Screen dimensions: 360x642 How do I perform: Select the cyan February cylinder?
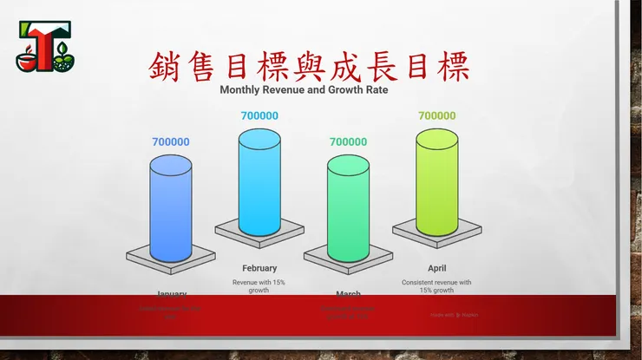[259, 182]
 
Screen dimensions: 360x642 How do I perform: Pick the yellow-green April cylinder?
[436, 182]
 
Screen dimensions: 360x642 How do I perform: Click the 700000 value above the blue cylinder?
[171, 142]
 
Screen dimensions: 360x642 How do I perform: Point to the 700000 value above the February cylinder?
[259, 115]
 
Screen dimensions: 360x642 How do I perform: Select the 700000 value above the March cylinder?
[348, 142]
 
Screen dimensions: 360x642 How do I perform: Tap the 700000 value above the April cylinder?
[436, 115]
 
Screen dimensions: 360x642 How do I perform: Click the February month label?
[259, 268]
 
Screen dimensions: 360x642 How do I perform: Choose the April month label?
[436, 268]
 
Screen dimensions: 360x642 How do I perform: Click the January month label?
[171, 293]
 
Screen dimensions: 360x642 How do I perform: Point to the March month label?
[348, 293]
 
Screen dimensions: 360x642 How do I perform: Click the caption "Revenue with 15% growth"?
[259, 286]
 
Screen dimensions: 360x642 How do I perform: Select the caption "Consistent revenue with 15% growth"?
[436, 286]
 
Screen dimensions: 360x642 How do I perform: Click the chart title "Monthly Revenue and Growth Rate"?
[304, 88]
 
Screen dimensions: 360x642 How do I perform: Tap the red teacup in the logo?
[29, 61]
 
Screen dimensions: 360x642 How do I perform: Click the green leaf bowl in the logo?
[63, 62]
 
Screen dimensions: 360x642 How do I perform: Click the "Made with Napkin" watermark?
[455, 315]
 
